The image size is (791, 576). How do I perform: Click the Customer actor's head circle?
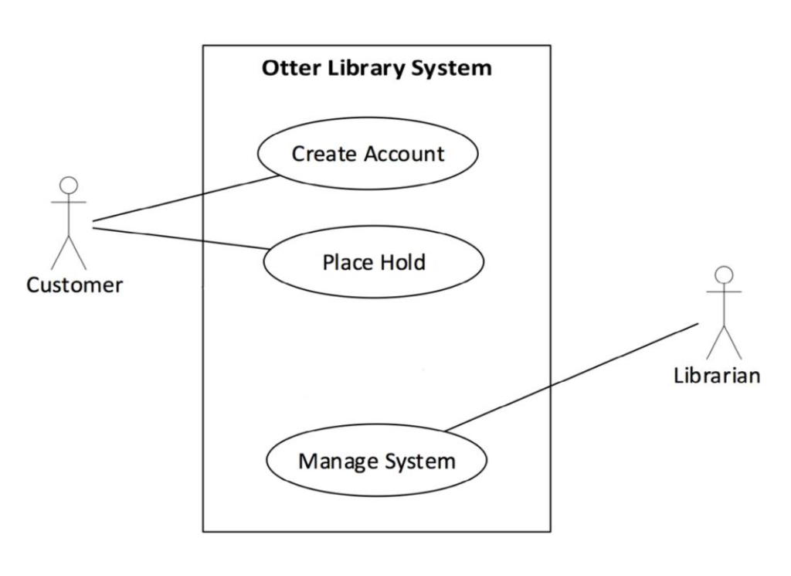point(70,185)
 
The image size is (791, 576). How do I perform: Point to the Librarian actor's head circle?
point(724,274)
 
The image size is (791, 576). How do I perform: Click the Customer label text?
point(74,285)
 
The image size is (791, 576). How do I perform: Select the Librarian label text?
point(717,376)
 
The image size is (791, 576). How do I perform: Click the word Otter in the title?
point(285,68)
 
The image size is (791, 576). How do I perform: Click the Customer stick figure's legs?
point(69,252)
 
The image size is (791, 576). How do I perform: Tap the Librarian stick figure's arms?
point(724,291)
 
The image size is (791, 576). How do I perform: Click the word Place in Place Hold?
point(345,262)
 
